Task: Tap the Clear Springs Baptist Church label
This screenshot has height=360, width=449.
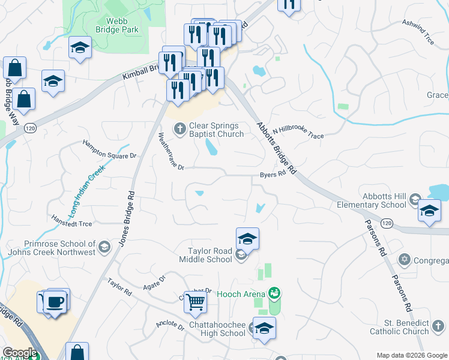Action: coord(214,130)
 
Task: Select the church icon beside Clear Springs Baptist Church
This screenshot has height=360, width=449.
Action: coord(179,128)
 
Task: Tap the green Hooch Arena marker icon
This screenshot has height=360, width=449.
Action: coord(275,293)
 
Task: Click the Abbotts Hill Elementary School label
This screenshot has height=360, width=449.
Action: coord(384,201)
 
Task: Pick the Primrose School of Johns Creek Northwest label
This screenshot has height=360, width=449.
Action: coord(59,248)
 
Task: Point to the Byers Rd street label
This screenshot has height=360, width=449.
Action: coord(271,176)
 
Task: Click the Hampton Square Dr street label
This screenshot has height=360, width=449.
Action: coord(109,149)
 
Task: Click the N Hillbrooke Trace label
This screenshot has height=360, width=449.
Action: coord(298,133)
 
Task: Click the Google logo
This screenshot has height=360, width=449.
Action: coord(20,353)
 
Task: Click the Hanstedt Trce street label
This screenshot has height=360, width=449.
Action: coord(71,221)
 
